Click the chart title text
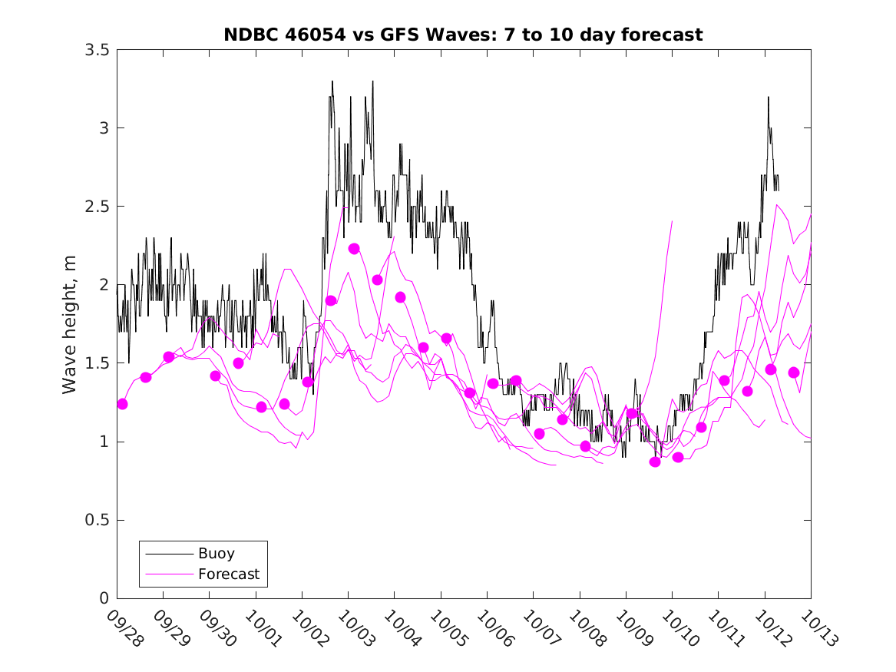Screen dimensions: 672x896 (x=463, y=35)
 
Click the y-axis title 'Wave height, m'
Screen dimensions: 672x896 (x=70, y=324)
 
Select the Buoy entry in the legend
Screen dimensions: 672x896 (x=216, y=553)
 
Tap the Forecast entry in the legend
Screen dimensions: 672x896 (x=228, y=574)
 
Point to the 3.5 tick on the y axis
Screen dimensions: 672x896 (x=97, y=50)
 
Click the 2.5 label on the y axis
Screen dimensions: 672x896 (x=97, y=207)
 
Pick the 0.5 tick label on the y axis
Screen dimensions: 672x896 (x=97, y=521)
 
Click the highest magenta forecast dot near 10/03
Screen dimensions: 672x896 (x=354, y=248)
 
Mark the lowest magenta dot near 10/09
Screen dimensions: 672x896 (x=655, y=462)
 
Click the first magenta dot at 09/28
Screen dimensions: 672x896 (x=122, y=404)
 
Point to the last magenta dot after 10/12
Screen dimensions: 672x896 (x=794, y=372)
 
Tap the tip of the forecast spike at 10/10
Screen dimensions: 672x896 (x=673, y=221)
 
